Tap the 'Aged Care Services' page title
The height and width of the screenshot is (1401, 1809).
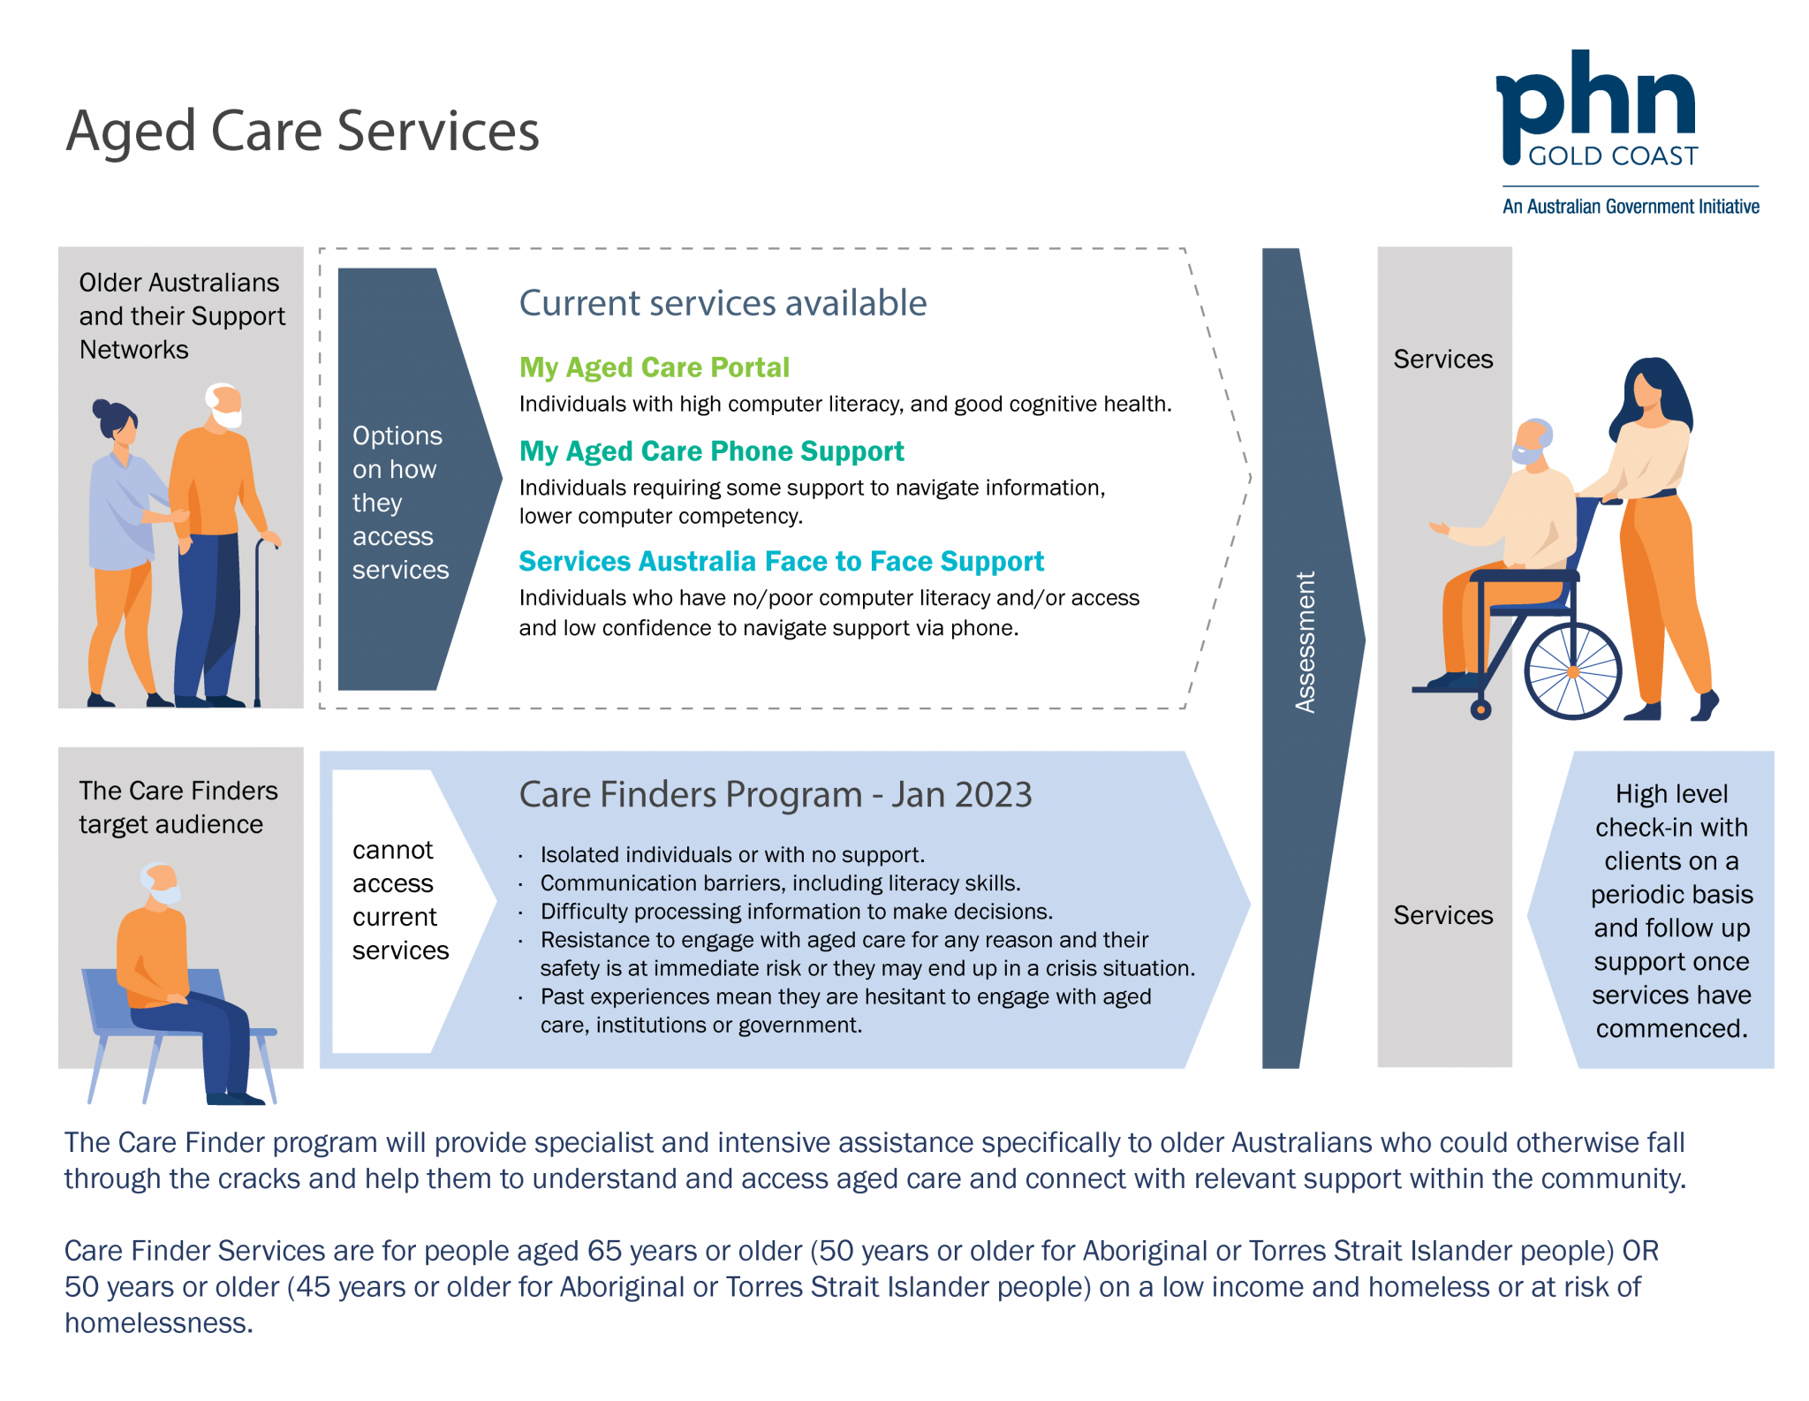pos(302,132)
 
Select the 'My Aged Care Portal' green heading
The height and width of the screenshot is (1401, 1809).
pos(654,367)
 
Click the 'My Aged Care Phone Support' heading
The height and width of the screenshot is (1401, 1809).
pos(711,451)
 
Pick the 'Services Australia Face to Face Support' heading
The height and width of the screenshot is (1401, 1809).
pos(781,562)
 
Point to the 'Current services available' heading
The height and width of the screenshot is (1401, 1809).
pos(723,303)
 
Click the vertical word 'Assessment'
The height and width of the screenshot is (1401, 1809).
pos(1305,642)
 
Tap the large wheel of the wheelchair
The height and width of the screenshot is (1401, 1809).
pos(1572,671)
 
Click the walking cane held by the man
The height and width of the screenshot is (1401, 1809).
pos(259,618)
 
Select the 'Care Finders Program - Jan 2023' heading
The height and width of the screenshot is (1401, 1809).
pos(775,795)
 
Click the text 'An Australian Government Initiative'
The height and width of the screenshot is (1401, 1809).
pos(1631,207)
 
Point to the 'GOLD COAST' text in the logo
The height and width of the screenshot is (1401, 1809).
pos(1613,157)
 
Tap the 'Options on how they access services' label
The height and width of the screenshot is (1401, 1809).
pos(399,503)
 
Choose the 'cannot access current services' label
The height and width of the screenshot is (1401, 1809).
pos(399,900)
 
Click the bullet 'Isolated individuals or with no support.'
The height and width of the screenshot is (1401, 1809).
pos(732,855)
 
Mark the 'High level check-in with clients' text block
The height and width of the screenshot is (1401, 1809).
pos(1671,911)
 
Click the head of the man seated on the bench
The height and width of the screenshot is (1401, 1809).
pos(161,882)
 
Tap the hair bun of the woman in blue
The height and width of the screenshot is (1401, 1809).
pos(102,410)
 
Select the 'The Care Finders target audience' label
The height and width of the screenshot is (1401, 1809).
pos(178,807)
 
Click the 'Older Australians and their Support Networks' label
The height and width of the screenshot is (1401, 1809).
pos(181,316)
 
